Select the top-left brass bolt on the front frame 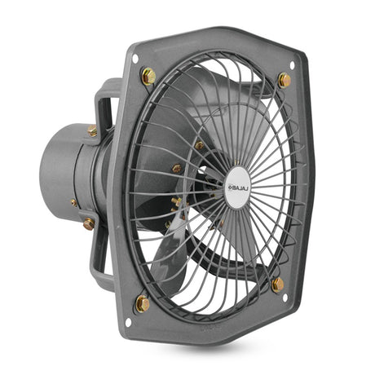[x=148, y=77]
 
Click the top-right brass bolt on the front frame [x=285, y=81]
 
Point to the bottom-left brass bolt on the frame [x=143, y=303]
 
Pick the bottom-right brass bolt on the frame [x=278, y=285]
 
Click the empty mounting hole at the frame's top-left [x=135, y=59]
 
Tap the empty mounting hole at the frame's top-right [x=292, y=65]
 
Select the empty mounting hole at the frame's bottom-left [x=128, y=322]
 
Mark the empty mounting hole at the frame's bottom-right [x=285, y=298]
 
